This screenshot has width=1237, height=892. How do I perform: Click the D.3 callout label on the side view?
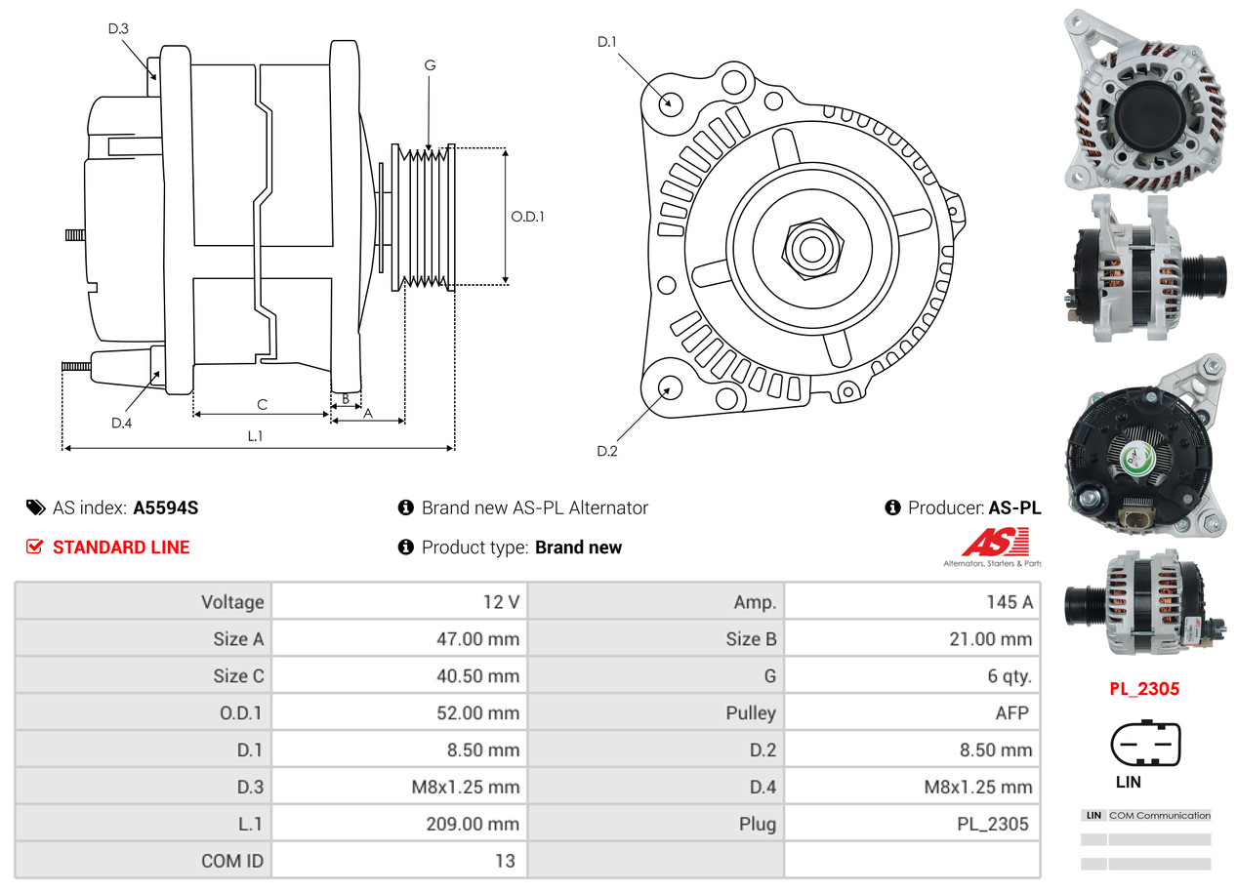[x=118, y=28]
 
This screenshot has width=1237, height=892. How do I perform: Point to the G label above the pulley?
[x=430, y=65]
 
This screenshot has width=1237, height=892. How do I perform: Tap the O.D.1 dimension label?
[x=527, y=217]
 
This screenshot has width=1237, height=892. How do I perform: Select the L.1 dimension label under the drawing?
[x=255, y=436]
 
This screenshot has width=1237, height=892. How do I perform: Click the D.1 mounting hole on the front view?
[x=670, y=102]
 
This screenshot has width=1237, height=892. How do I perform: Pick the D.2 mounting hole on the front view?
[x=669, y=387]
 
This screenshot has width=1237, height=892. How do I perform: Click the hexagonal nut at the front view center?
[x=809, y=247]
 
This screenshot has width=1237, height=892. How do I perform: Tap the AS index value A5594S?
[x=166, y=507]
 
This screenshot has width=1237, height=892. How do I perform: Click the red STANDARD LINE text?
[x=121, y=547]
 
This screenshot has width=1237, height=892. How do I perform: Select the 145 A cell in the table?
[x=1010, y=602]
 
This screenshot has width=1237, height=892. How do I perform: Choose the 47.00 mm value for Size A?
[x=477, y=639]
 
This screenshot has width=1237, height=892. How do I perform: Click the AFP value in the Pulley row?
[x=1011, y=713]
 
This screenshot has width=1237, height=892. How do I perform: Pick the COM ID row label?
[x=232, y=862]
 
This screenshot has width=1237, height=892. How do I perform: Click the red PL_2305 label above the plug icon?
[x=1143, y=689]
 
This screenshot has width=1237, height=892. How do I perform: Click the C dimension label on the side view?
[x=262, y=404]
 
